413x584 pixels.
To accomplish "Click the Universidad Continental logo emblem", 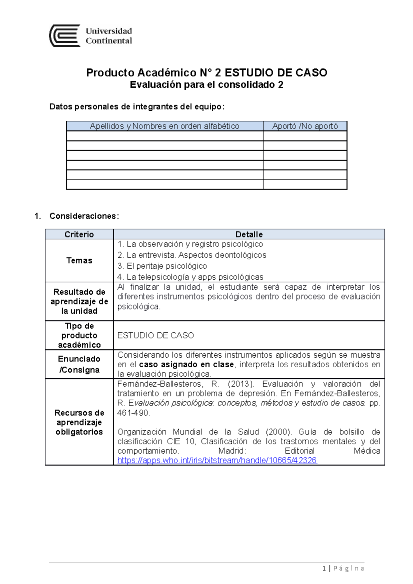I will pyautogui.click(x=65, y=35).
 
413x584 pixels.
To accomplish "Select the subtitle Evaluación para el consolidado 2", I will pyautogui.click(x=206, y=85).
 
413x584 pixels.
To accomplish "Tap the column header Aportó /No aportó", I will pyautogui.click(x=305, y=126).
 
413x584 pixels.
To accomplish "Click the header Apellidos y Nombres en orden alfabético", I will pyautogui.click(x=165, y=126).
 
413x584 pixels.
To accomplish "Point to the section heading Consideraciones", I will pyautogui.click(x=84, y=216).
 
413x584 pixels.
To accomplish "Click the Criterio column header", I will pyautogui.click(x=79, y=235).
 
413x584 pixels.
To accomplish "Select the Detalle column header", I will pyautogui.click(x=249, y=235).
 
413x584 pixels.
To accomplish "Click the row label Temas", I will pyautogui.click(x=79, y=260).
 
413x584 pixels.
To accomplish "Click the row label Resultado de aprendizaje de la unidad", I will pyautogui.click(x=79, y=301).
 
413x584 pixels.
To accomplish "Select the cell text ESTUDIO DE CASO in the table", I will pyautogui.click(x=156, y=335).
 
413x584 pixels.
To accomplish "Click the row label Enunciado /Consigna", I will pyautogui.click(x=79, y=364).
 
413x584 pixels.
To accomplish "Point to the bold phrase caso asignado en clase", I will pyautogui.click(x=186, y=365).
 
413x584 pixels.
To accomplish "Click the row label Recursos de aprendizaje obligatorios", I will pyautogui.click(x=79, y=422).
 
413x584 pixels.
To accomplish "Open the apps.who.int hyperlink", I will pyautogui.click(x=217, y=461).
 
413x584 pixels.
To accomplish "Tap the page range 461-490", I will pyautogui.click(x=133, y=413).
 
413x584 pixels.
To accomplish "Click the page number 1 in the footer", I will pyautogui.click(x=324, y=568).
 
